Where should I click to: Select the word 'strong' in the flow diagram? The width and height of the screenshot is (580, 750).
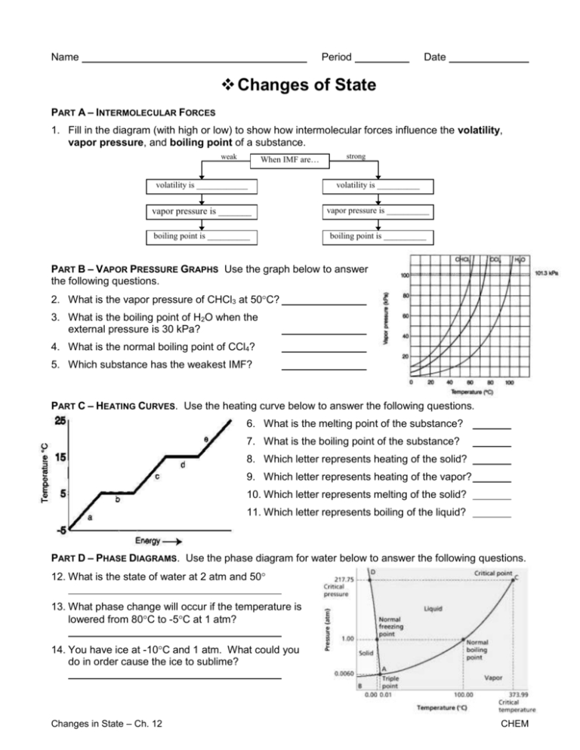pyautogui.click(x=356, y=156)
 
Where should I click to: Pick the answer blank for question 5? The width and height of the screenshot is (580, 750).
pyautogui.click(x=324, y=367)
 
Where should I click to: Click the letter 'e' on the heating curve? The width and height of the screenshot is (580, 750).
pyautogui.click(x=205, y=438)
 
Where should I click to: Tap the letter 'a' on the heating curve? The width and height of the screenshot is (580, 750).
pyautogui.click(x=91, y=518)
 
